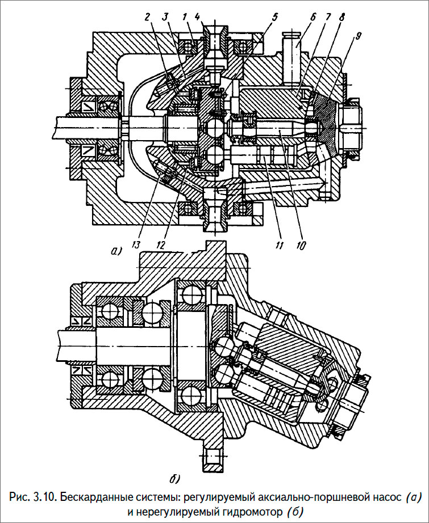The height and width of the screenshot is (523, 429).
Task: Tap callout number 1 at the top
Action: (x=185, y=17)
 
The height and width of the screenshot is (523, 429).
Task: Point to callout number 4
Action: (x=197, y=17)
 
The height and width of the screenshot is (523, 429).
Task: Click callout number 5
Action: (x=275, y=17)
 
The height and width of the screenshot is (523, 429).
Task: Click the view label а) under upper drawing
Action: (x=116, y=250)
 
